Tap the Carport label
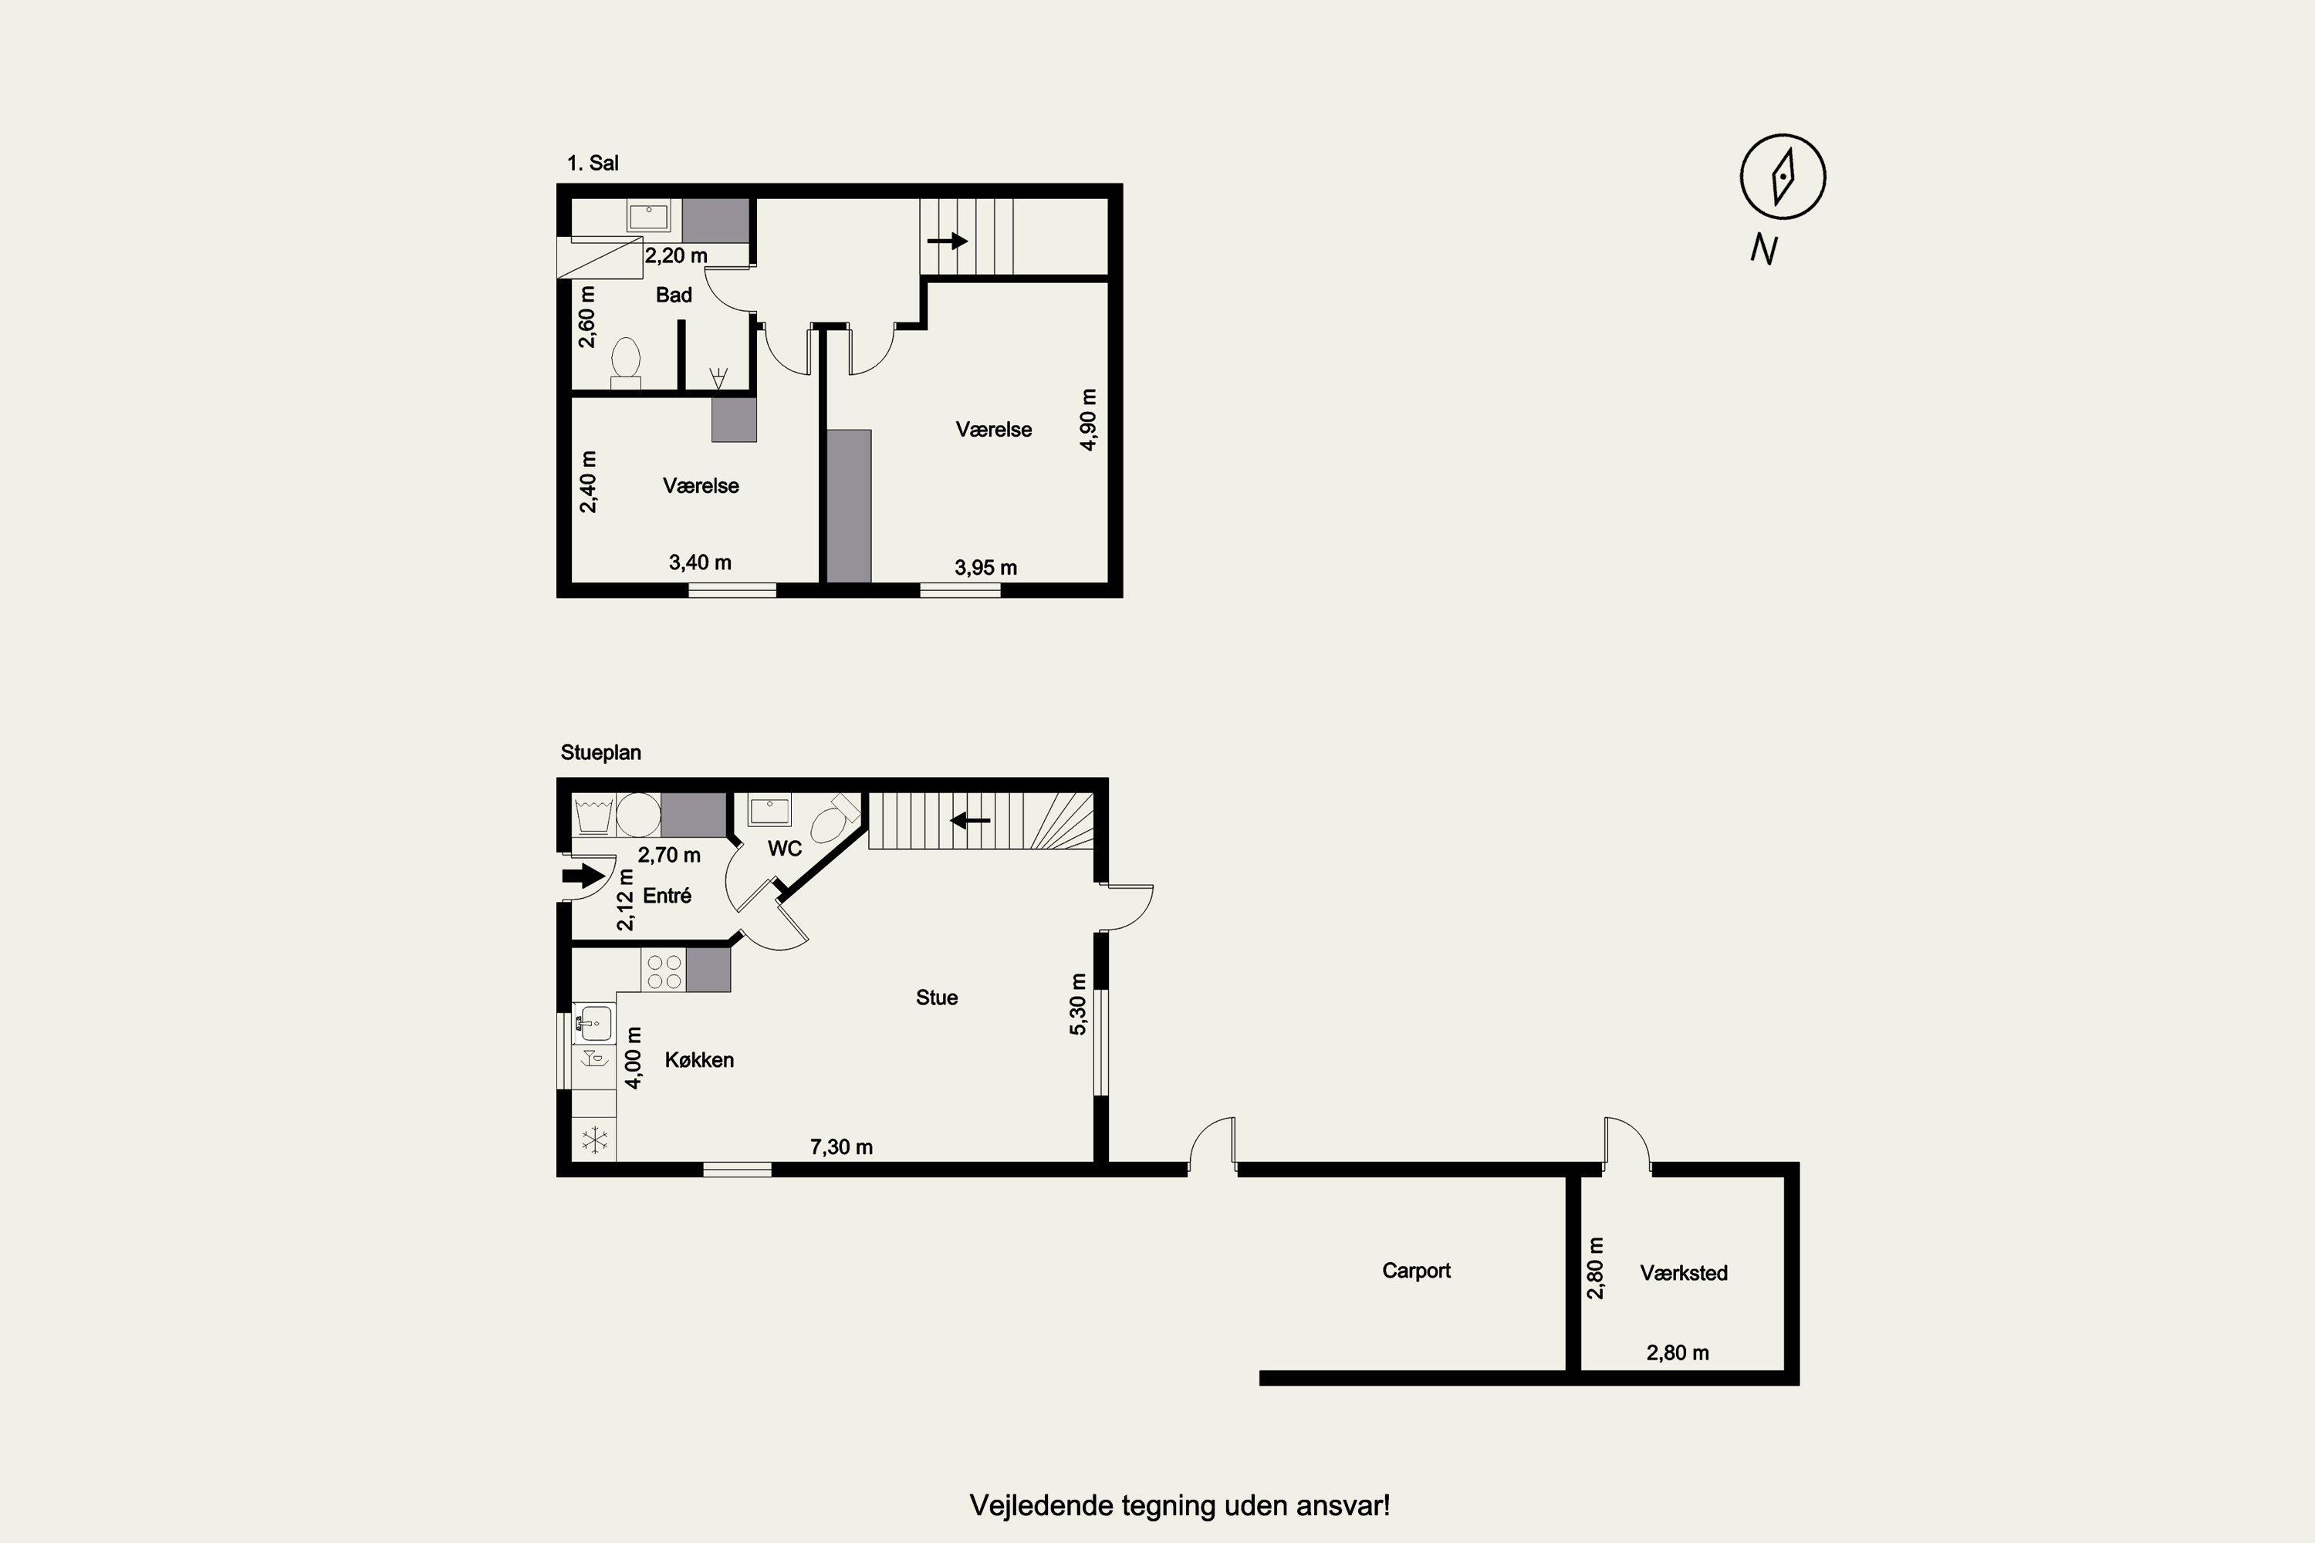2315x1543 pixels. click(1415, 1271)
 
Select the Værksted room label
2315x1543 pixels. click(1683, 1272)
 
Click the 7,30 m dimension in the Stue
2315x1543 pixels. click(842, 1146)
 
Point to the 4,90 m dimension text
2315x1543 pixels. click(1087, 419)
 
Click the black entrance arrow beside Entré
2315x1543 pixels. click(583, 875)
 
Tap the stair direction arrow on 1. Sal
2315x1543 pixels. click(947, 240)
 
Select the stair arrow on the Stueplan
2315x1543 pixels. click(971, 819)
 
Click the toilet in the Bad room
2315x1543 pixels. click(625, 362)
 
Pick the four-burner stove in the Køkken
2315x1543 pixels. click(664, 971)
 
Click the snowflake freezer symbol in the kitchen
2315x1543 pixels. click(594, 1140)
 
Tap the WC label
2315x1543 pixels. click(785, 848)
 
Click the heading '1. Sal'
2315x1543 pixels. click(593, 164)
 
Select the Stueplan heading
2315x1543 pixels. click(600, 751)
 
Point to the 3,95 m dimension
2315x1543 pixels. click(985, 568)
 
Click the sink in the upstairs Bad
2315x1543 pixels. click(649, 215)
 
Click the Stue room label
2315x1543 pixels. click(936, 997)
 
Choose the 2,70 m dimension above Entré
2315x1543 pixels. click(669, 855)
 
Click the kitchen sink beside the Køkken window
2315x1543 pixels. click(593, 1024)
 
